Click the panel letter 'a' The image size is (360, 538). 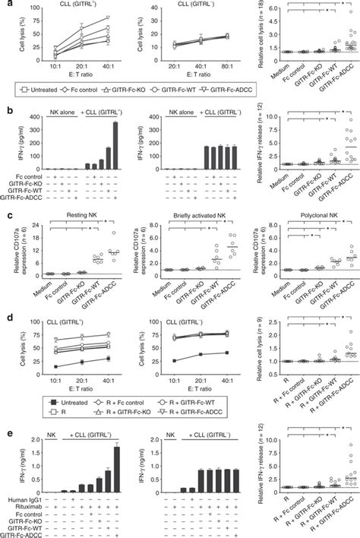point(5,5)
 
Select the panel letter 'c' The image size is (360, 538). point(5,220)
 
